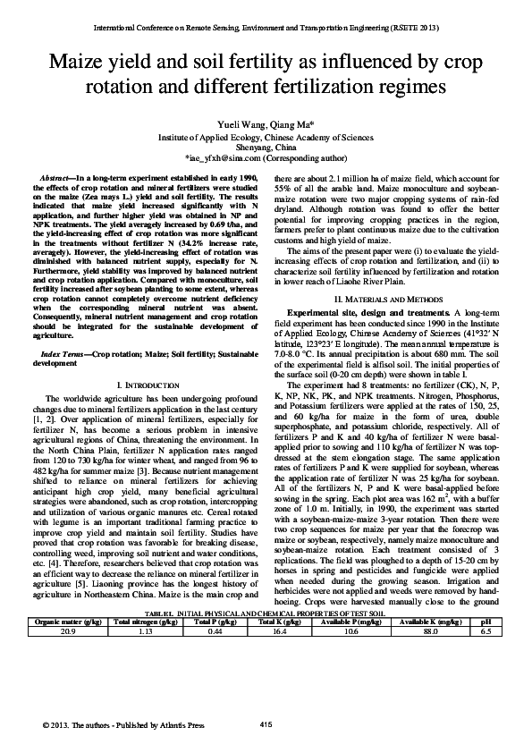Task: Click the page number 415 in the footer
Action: coord(266,723)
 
